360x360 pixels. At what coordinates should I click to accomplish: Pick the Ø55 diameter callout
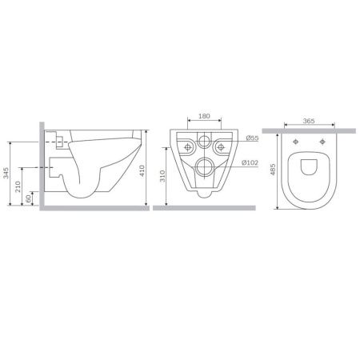[252, 139]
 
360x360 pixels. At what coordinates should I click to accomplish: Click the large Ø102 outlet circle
[204, 168]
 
